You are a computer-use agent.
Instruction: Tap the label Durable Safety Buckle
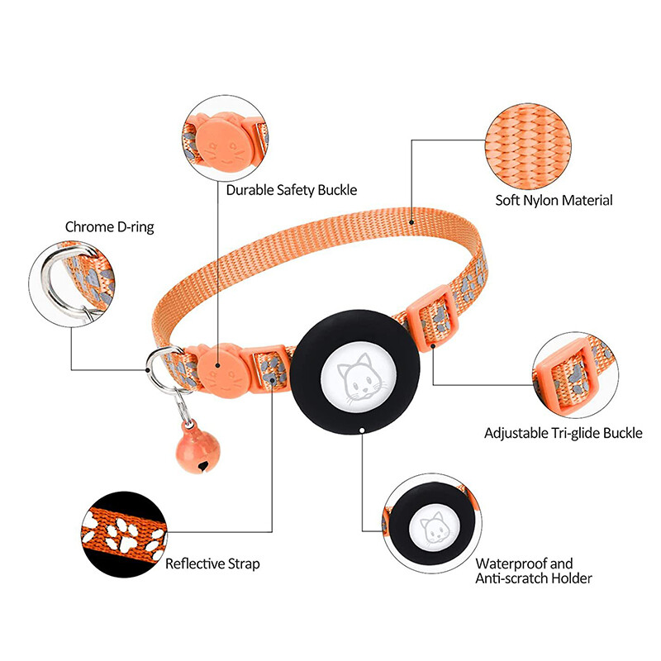[x=292, y=190]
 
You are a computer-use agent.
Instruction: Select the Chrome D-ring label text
[x=109, y=226]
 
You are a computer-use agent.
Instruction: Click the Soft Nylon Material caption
[x=554, y=200]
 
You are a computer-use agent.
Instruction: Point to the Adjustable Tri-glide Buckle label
[x=563, y=433]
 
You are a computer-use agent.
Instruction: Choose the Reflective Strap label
[x=212, y=564]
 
